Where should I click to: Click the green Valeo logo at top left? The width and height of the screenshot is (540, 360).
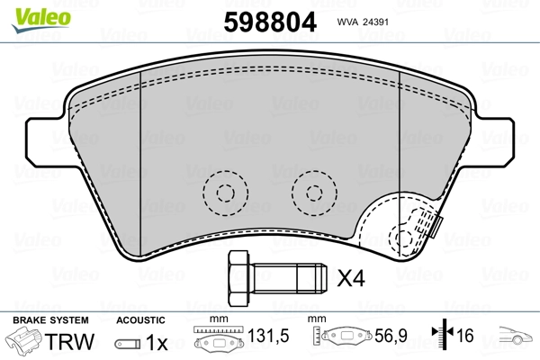pos(41,20)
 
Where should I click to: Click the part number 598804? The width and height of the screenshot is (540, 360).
pos(270,22)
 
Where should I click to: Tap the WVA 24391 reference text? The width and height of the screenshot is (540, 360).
pos(363,22)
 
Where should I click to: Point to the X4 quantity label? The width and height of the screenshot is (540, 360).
pos(351,278)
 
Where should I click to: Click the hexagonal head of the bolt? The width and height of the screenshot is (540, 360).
pos(238,278)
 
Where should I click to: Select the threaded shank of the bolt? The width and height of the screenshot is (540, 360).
pos(287,278)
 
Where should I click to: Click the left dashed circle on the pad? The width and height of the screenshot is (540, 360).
pos(226,193)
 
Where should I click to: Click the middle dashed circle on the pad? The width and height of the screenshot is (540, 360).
pos(314,193)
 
